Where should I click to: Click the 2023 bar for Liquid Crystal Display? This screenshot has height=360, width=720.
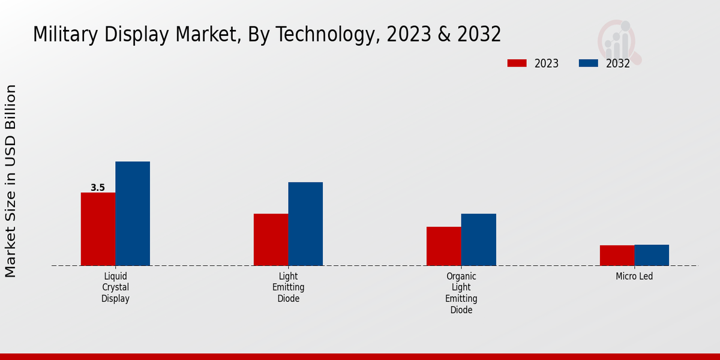(98, 229)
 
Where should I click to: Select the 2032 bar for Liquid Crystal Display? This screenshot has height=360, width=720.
(133, 214)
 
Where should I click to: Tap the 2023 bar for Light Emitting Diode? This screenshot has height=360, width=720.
(271, 239)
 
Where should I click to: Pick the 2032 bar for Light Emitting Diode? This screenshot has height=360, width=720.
(305, 224)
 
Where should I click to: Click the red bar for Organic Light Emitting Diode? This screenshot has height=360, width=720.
(444, 246)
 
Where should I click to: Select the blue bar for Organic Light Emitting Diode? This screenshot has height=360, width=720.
(479, 239)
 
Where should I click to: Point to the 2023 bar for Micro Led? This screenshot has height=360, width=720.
(617, 255)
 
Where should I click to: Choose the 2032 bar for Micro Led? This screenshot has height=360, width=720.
(652, 255)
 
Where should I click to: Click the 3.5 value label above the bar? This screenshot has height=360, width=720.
(98, 188)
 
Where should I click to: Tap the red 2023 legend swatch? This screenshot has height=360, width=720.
(517, 63)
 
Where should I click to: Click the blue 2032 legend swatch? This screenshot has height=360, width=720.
(589, 63)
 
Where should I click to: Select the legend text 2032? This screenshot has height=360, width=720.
(617, 64)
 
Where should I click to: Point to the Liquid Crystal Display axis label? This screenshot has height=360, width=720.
(115, 287)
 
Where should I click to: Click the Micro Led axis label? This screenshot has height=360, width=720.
(634, 277)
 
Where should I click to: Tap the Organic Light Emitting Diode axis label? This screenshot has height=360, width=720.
(461, 293)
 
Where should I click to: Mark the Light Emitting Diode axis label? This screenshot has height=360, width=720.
(288, 287)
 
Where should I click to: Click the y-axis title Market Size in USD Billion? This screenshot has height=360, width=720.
(11, 181)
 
